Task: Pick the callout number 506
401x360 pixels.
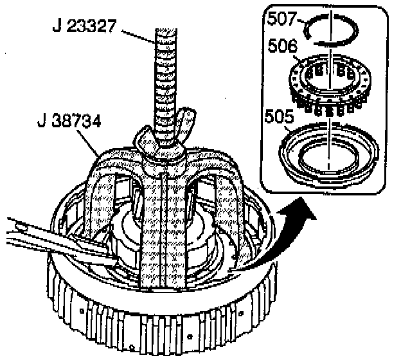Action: coord(281,46)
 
